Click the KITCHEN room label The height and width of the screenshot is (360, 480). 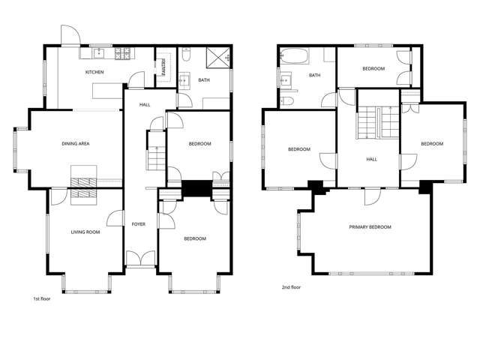pos(94,72)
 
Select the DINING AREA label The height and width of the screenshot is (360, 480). pos(76,143)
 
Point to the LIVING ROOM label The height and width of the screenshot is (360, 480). pos(85,232)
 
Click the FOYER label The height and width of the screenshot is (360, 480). pos(139,223)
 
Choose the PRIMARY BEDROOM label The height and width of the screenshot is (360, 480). pos(370,226)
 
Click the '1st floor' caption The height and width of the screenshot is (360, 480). pos(41,298)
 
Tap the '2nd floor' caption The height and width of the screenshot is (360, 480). pos(291,286)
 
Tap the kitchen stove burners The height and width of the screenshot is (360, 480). pos(124,54)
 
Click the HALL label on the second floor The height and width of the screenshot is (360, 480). pos(372,159)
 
